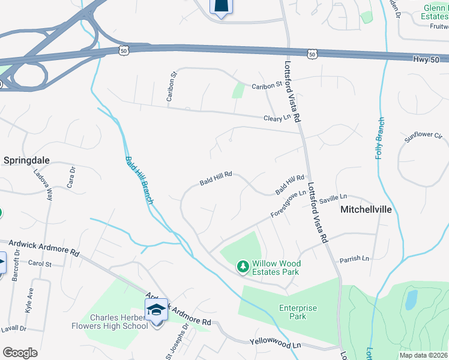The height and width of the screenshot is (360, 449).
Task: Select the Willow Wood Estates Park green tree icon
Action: [243, 265]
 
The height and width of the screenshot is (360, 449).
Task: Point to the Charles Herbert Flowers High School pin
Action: [156, 311]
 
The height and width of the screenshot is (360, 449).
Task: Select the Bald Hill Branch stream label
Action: [139, 180]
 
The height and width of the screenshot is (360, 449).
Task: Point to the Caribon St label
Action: [267, 86]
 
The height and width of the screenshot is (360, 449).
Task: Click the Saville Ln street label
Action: [333, 197]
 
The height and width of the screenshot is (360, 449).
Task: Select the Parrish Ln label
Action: [354, 259]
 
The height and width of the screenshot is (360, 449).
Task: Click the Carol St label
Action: [40, 263]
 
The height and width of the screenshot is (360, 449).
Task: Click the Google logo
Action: [20, 353]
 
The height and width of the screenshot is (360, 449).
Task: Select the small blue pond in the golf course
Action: [411, 299]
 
